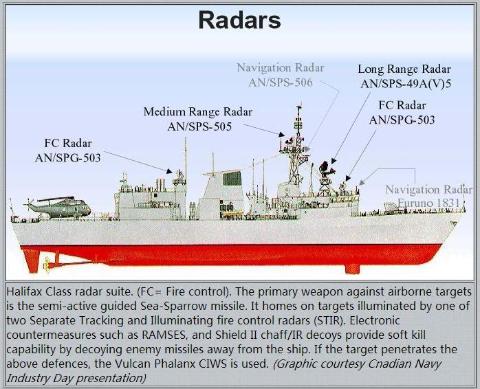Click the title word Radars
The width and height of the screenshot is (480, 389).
pos(239,20)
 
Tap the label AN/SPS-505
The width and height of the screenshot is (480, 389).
pos(199,126)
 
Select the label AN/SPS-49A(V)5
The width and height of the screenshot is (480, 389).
pos(406,84)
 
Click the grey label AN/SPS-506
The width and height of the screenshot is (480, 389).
pos(281,82)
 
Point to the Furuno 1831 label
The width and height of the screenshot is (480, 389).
pos(428,203)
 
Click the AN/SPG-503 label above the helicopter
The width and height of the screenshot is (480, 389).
pos(67,157)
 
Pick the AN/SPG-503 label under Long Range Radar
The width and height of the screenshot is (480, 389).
pos(402,120)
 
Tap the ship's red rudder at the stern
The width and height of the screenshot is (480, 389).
pos(32,260)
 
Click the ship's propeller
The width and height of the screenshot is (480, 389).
pos(47,264)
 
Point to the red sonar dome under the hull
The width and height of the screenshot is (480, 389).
pos(352,269)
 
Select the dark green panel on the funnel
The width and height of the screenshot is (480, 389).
pos(232,179)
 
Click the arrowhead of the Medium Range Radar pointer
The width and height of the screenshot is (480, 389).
pos(282,134)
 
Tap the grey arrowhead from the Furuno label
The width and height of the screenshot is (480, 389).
pos(362,182)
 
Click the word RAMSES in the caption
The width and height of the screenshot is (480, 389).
pos(164,335)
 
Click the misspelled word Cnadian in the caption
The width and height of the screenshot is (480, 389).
pos(389,364)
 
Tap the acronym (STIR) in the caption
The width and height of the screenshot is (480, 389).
pos(329,320)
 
